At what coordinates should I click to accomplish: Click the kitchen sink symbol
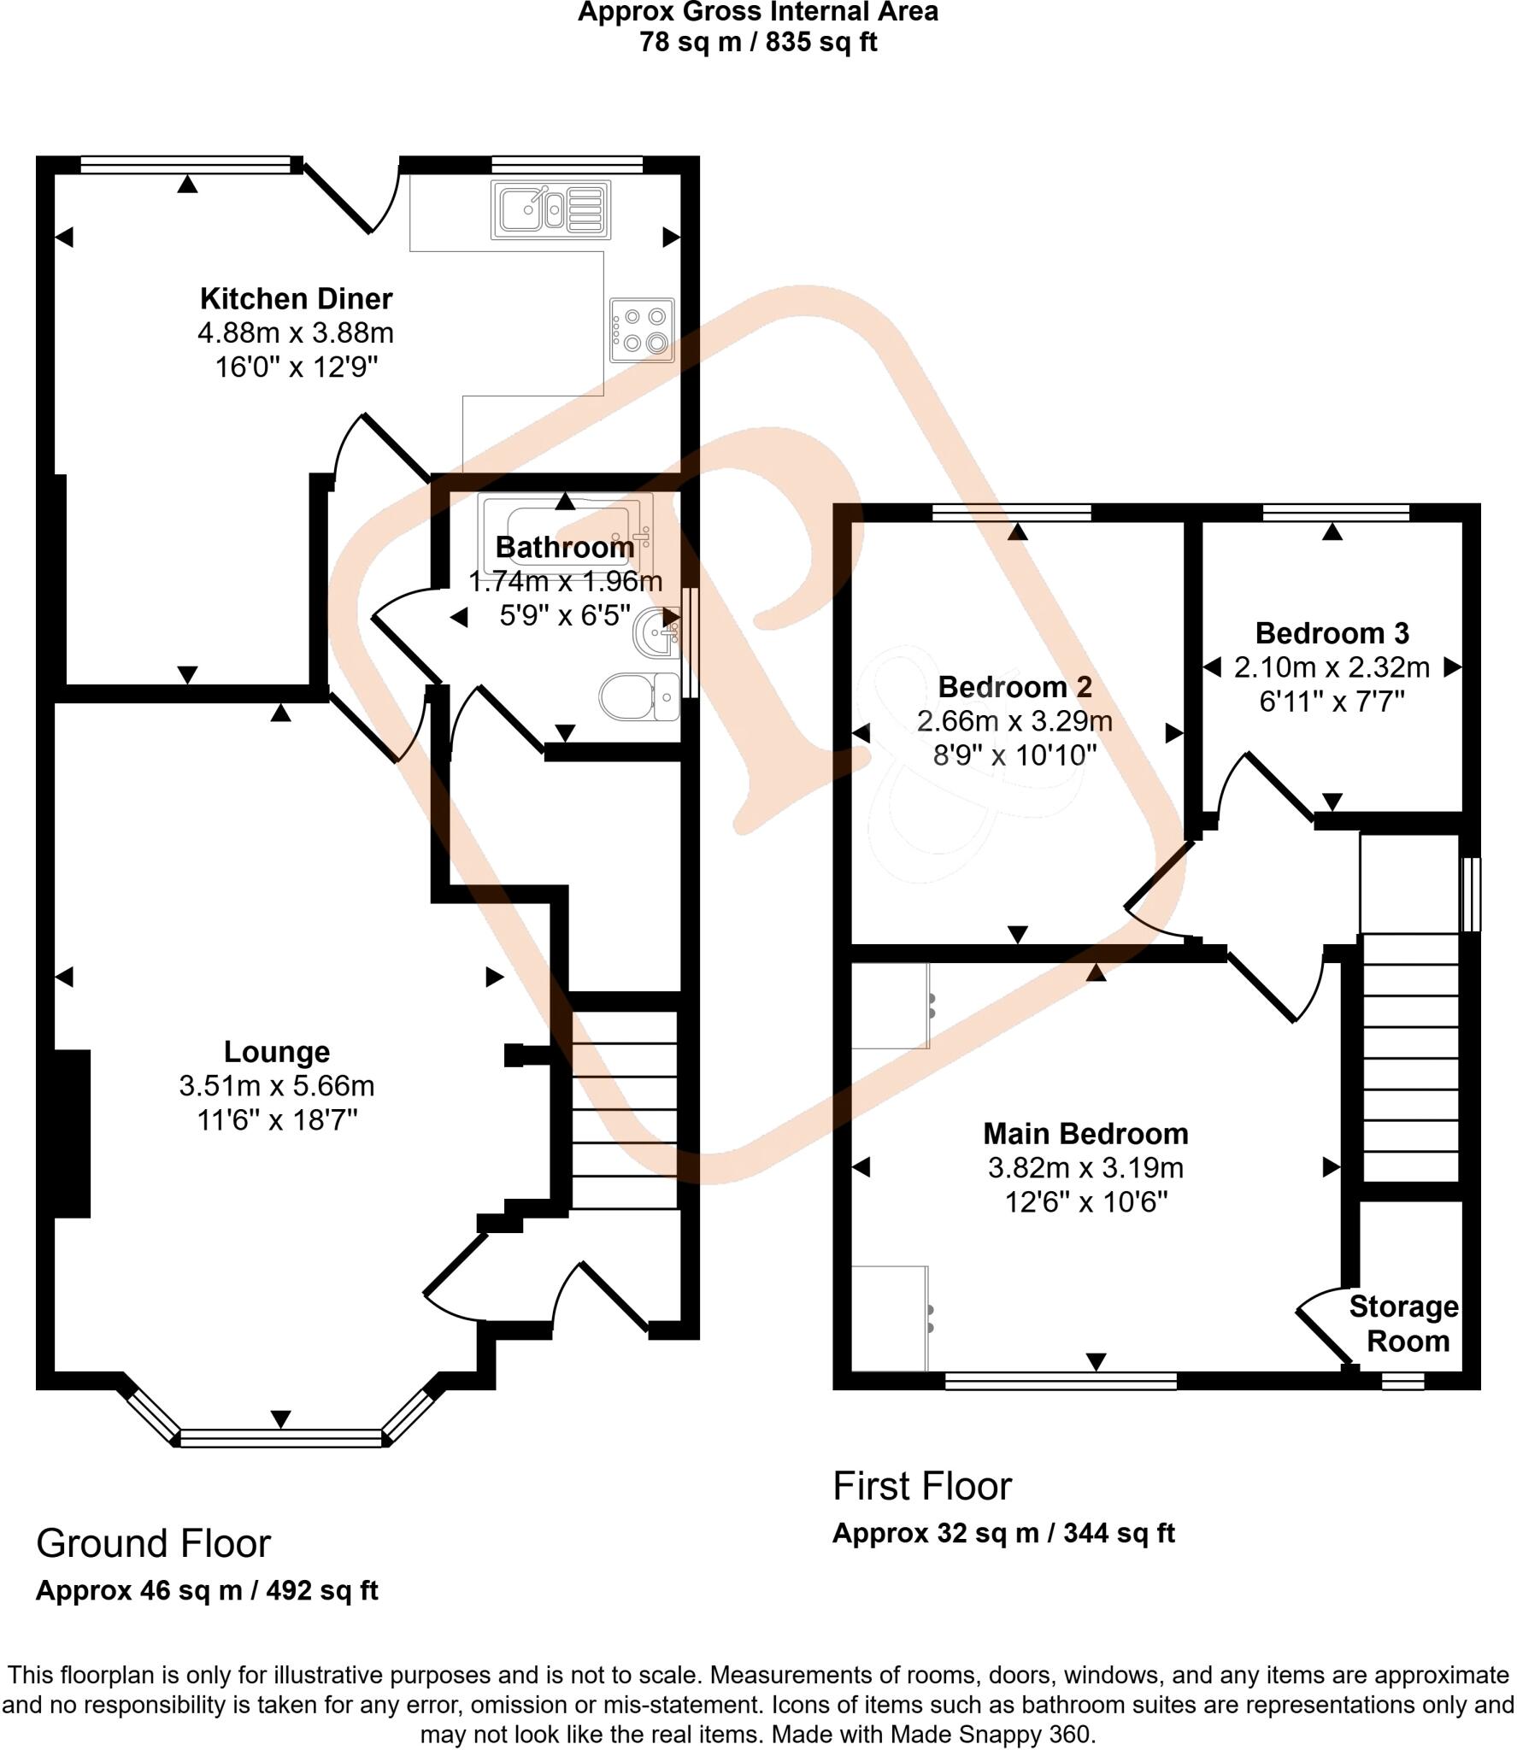[x=550, y=208]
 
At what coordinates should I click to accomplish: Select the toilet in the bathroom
[x=638, y=697]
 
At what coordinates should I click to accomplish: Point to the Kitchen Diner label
[x=296, y=299]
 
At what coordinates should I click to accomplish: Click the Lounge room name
[x=276, y=1051]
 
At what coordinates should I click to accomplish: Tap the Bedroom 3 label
[x=1332, y=633]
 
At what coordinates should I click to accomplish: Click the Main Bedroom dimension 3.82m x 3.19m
[x=1085, y=1167]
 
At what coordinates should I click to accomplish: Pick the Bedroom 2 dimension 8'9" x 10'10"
[x=1014, y=755]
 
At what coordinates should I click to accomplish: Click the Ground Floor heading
[x=153, y=1544]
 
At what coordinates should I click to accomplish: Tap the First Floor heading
[x=921, y=1486]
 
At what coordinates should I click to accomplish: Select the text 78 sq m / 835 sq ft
[x=758, y=42]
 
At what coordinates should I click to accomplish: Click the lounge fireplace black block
[x=72, y=1133]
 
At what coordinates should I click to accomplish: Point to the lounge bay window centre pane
[x=281, y=1439]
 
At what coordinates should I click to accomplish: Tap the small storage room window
[x=1403, y=1381]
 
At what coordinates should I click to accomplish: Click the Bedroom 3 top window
[x=1336, y=512]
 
